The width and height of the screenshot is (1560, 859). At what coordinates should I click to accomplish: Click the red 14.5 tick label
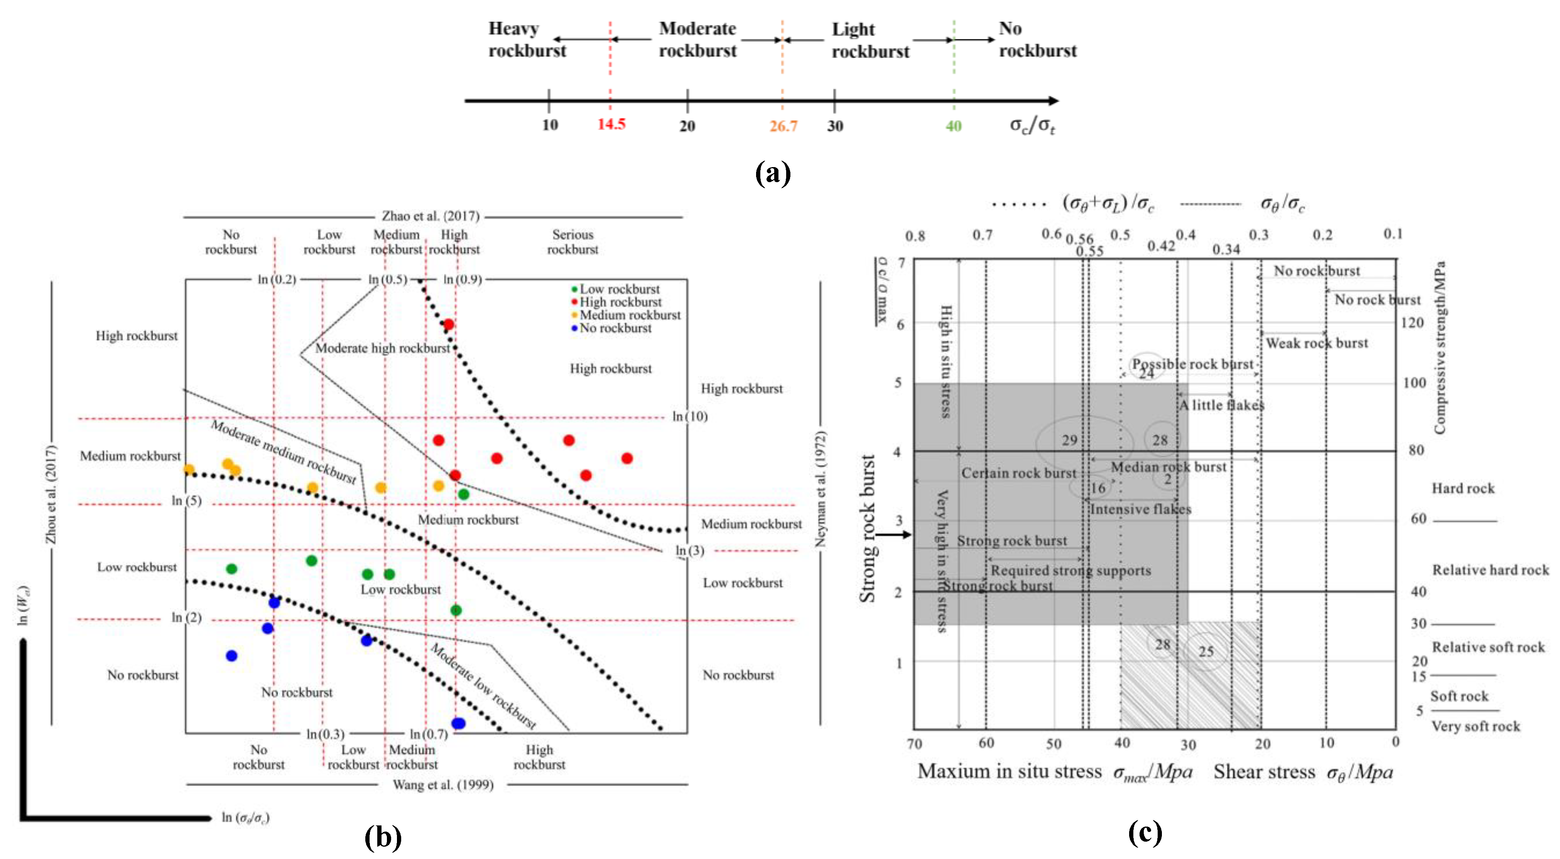click(x=611, y=124)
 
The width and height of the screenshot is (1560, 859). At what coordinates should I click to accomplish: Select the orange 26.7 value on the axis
click(x=783, y=126)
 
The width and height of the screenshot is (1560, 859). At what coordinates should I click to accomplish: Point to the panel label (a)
click(x=773, y=174)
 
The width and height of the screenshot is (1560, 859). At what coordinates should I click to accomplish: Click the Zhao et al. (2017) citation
click(x=430, y=216)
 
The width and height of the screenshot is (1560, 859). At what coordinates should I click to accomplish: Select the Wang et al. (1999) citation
click(x=443, y=785)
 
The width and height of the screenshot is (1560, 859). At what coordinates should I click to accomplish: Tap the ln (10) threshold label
click(x=690, y=416)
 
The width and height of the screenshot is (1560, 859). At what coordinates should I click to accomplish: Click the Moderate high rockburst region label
click(x=382, y=348)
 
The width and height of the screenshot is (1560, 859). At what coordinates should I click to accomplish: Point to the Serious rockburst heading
click(x=572, y=242)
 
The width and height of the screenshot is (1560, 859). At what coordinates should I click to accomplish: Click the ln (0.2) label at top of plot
click(x=277, y=279)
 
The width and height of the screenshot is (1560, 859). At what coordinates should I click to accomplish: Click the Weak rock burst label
click(x=1317, y=343)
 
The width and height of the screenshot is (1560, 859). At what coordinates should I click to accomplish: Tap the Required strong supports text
click(x=1070, y=571)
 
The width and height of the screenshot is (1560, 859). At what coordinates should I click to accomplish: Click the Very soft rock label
click(x=1475, y=726)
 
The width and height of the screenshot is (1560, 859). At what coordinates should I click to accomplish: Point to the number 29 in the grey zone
click(x=1069, y=440)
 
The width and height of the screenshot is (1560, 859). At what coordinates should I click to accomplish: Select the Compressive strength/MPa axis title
click(x=1440, y=347)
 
